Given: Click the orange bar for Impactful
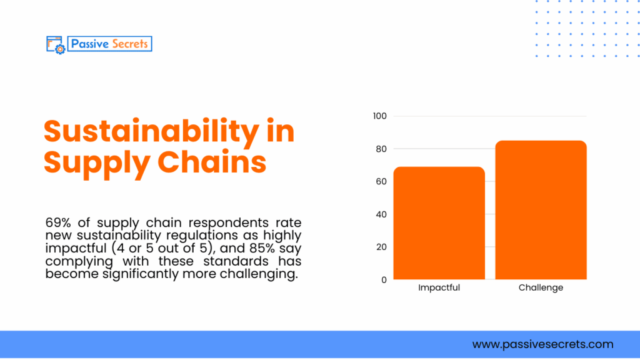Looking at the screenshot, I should (x=439, y=223).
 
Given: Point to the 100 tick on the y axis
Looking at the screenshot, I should (x=380, y=116).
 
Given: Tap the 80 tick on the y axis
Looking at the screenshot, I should (x=381, y=149).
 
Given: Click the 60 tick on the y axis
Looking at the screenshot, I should (x=381, y=182).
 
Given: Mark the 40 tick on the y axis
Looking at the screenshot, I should (x=381, y=214).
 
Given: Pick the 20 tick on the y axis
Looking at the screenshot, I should (x=381, y=247).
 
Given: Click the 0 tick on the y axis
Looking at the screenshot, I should (x=384, y=280).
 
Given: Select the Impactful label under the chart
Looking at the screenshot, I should (x=439, y=288).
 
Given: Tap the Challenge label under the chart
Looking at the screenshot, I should (x=541, y=288).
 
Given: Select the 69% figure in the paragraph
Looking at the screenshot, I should (x=57, y=223).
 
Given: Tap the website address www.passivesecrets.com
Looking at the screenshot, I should (x=542, y=344).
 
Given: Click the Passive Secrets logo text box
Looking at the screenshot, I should (x=109, y=44).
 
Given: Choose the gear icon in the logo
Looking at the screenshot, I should (x=60, y=48).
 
